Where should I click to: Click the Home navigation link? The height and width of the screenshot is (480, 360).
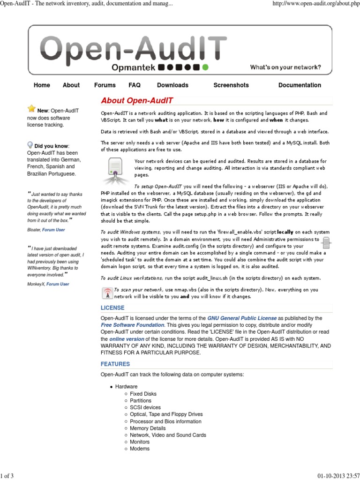point(42,85)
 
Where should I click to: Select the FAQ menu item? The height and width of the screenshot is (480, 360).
point(135,85)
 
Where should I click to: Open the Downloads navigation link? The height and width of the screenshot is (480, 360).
point(172,85)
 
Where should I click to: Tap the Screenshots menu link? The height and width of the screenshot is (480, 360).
point(231,85)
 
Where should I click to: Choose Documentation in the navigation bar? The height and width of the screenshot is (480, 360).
point(300,85)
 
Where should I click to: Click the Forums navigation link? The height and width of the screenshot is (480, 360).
point(105,85)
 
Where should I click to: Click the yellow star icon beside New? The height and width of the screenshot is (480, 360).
point(31,109)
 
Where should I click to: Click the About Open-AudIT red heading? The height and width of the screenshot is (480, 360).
point(137,101)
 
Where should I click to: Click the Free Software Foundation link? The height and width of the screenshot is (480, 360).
point(132,325)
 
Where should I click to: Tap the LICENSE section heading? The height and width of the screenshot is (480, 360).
point(112,308)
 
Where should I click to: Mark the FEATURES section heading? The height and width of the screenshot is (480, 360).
point(115,364)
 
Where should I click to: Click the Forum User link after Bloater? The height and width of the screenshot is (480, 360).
point(53,230)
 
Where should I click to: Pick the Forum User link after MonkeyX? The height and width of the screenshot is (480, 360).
point(57,284)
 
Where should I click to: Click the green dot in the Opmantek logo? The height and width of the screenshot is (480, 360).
point(205,67)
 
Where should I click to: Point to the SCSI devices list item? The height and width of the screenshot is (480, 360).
point(145,408)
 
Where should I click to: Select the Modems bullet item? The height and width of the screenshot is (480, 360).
point(140,449)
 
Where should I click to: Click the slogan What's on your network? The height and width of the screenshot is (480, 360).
point(285,67)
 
